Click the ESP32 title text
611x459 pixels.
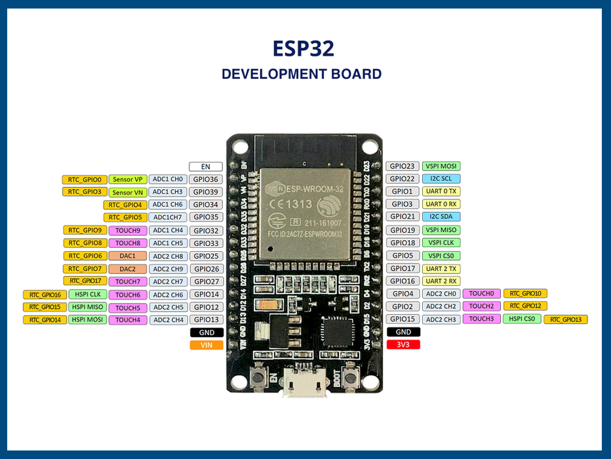click(304, 49)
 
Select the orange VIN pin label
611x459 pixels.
click(207, 345)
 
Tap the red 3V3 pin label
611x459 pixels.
click(403, 345)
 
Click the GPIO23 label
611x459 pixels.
click(403, 167)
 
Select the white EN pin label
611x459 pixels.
click(206, 167)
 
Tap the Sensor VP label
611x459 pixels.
click(127, 180)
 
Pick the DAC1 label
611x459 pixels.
click(127, 256)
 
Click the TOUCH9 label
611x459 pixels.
click(127, 231)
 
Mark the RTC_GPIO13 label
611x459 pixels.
click(566, 320)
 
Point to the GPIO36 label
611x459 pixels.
click(206, 180)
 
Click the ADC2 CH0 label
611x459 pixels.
click(441, 294)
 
